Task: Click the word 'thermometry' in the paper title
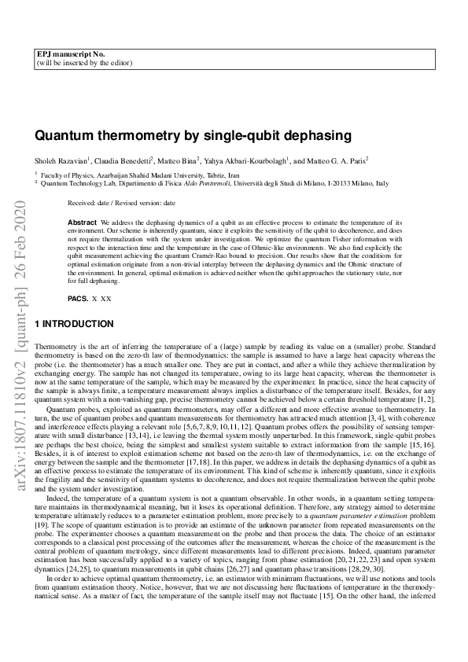[x=119, y=134]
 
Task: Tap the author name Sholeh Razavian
[x=62, y=160]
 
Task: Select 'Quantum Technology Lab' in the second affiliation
[x=76, y=183]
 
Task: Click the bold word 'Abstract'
[x=83, y=223]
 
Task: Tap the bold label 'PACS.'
[x=78, y=299]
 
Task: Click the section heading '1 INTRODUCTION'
[x=75, y=324]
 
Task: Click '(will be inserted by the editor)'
[x=84, y=62]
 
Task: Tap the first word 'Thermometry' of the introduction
[x=56, y=346]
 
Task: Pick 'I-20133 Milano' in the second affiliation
[x=346, y=183]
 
